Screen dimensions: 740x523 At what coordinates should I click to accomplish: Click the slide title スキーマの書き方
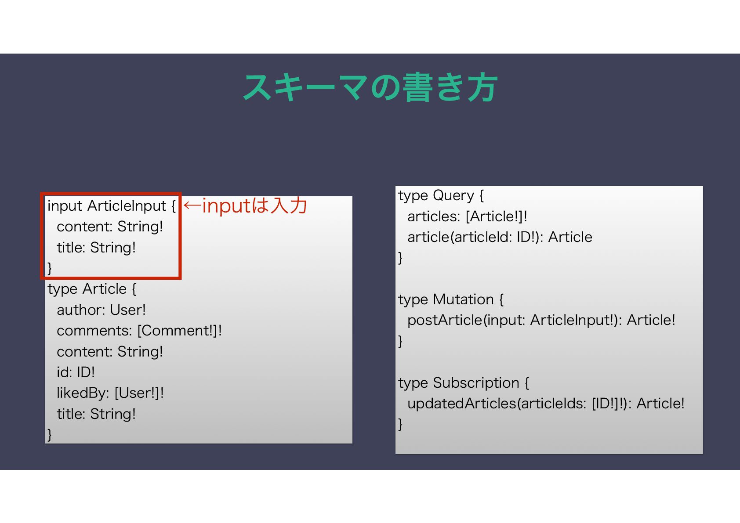(370, 88)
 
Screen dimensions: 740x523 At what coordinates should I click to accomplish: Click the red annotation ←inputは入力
(245, 206)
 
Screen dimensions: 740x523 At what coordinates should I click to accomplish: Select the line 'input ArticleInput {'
(112, 206)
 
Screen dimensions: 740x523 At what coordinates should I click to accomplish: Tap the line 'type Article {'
(92, 289)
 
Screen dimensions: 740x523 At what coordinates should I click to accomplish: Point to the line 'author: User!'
(101, 310)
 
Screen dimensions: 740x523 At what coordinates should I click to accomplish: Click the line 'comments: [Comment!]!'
(139, 331)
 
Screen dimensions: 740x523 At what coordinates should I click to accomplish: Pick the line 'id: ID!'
(76, 372)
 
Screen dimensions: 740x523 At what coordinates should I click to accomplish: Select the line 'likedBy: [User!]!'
(110, 393)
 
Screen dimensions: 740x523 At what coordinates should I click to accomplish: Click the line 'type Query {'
(441, 195)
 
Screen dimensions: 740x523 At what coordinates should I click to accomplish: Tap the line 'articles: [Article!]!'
(467, 216)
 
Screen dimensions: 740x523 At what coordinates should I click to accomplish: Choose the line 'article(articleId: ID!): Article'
(500, 237)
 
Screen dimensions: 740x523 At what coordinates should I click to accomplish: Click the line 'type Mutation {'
(451, 299)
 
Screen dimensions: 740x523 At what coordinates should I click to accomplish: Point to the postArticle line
(541, 320)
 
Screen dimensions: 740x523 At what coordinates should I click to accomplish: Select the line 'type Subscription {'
(464, 383)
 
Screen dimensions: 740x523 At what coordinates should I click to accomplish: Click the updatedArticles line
(546, 404)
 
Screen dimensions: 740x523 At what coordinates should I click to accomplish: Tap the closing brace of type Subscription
(400, 424)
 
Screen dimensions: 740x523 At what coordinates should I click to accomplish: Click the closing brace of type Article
(50, 435)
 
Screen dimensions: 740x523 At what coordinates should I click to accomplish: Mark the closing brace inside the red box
(50, 268)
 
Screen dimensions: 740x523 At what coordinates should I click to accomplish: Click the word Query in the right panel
(453, 195)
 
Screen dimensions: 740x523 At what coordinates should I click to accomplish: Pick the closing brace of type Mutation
(400, 341)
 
